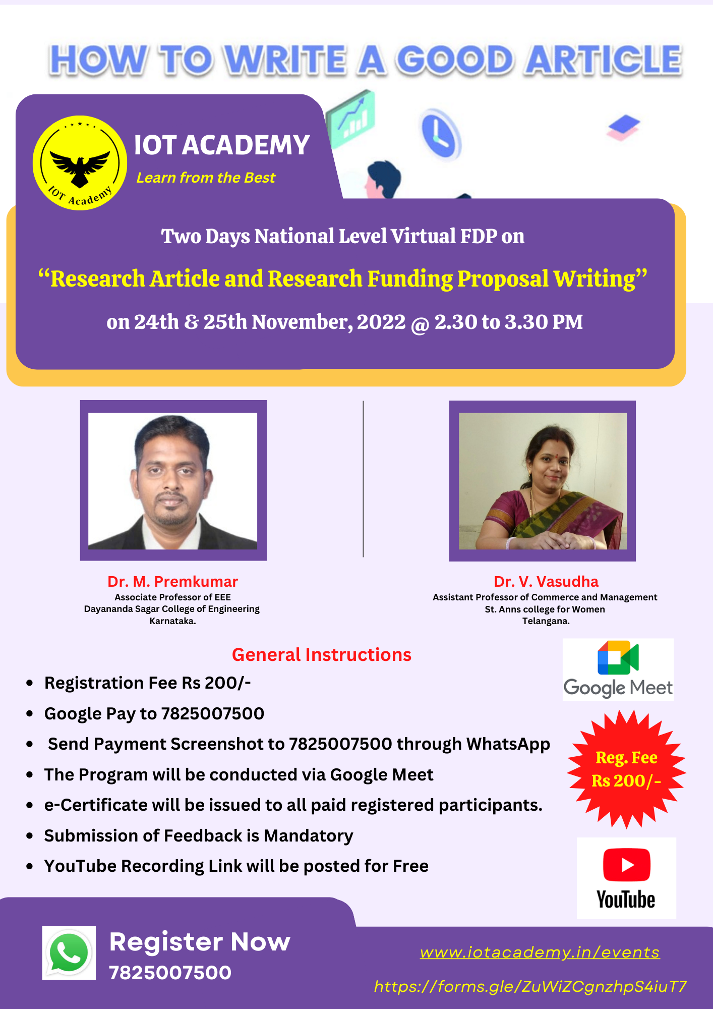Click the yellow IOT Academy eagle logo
(80, 163)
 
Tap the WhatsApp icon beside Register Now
(69, 952)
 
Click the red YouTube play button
(626, 865)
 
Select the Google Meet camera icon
(618, 657)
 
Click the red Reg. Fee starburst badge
(626, 769)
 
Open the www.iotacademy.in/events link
(540, 952)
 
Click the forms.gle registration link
(530, 986)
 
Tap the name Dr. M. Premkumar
(172, 582)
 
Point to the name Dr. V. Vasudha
(546, 582)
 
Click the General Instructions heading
(322, 654)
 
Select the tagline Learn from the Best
(206, 178)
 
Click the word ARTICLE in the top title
(603, 60)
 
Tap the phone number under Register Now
(170, 973)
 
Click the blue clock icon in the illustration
(441, 134)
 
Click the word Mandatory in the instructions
(309, 836)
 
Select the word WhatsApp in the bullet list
(508, 744)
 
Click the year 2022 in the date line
(381, 322)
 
